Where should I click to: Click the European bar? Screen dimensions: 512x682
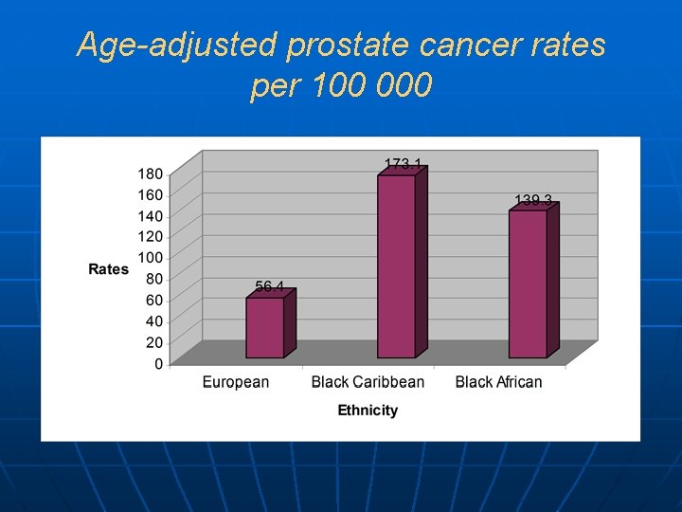pos(265,327)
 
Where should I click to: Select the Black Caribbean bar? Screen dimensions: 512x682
pos(396,266)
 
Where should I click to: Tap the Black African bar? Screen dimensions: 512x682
pos(528,283)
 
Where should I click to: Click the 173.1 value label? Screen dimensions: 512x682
pos(403,164)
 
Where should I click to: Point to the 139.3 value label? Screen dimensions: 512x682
pos(533,200)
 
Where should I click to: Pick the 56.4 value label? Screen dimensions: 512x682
pos(269,286)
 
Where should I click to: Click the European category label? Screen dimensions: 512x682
pos(236,382)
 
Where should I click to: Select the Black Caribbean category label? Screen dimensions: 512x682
pos(368,382)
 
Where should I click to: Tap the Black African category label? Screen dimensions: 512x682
pos(498,382)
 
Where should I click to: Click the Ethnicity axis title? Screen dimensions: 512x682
pos(368,411)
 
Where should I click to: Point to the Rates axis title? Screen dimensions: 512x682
pos(108,269)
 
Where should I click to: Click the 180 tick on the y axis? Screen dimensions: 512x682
pos(151,174)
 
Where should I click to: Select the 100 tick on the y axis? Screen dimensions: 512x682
pos(151,258)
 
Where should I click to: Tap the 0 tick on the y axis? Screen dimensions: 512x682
pos(158,363)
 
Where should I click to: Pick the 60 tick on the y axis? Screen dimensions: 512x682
pos(154,300)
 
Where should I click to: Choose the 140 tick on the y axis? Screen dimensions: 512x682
pos(151,215)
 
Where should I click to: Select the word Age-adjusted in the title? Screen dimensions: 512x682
pos(172,45)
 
